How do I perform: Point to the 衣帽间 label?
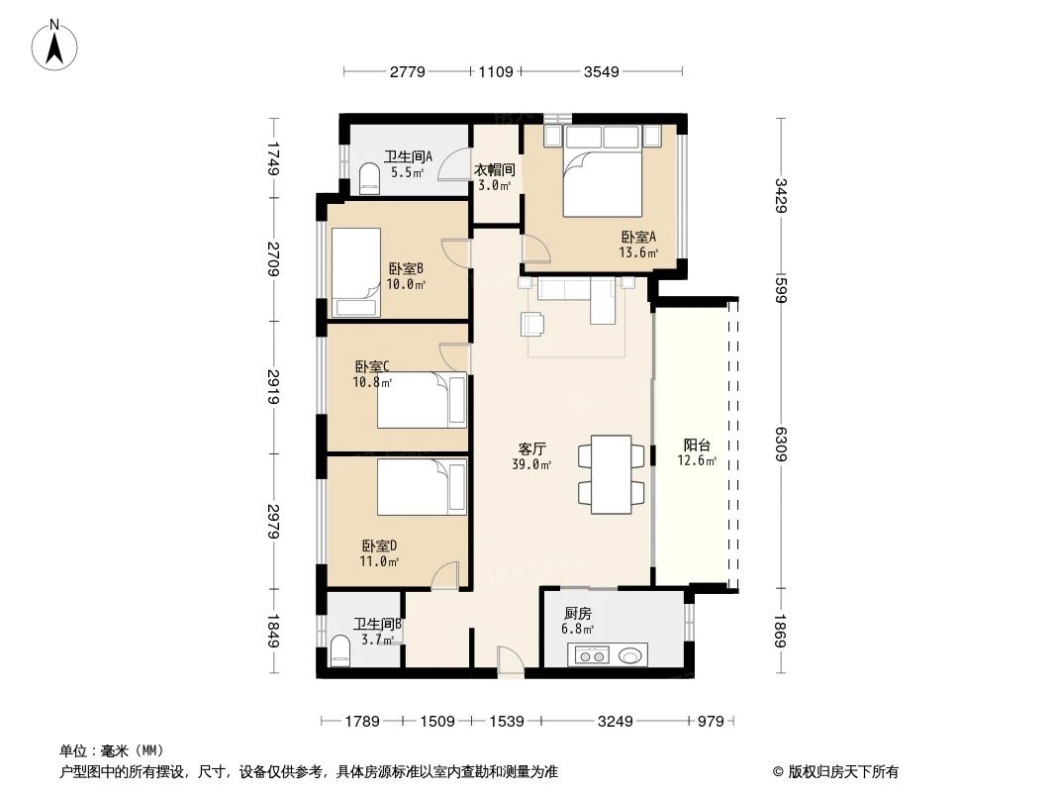click(x=493, y=170)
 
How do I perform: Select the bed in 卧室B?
click(x=355, y=270)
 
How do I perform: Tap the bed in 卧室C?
click(x=422, y=400)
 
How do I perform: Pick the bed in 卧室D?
click(x=422, y=486)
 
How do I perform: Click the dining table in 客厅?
click(x=612, y=474)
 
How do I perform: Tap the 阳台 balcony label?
click(x=696, y=445)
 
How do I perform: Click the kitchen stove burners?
click(x=593, y=654)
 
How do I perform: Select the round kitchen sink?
click(x=630, y=654)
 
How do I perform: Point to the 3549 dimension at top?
click(x=602, y=71)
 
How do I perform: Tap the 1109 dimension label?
click(x=495, y=71)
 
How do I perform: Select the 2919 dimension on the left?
click(x=273, y=385)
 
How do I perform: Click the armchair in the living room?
click(x=532, y=324)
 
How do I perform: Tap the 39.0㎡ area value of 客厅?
click(x=530, y=463)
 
